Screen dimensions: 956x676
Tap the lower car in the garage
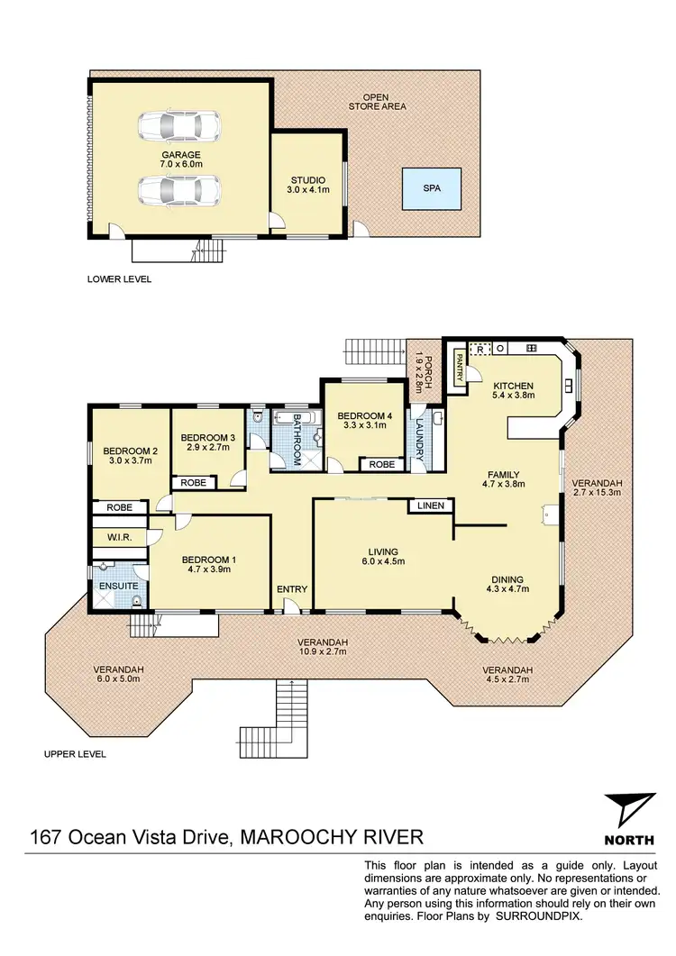click(179, 189)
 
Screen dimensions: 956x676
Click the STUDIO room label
click(307, 180)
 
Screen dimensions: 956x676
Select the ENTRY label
click(293, 589)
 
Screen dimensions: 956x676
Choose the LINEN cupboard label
click(430, 506)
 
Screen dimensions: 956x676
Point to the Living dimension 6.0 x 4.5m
click(382, 562)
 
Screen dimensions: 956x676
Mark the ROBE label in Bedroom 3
click(194, 483)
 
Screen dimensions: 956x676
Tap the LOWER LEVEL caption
click(119, 279)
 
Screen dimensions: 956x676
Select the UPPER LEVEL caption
click(75, 754)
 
